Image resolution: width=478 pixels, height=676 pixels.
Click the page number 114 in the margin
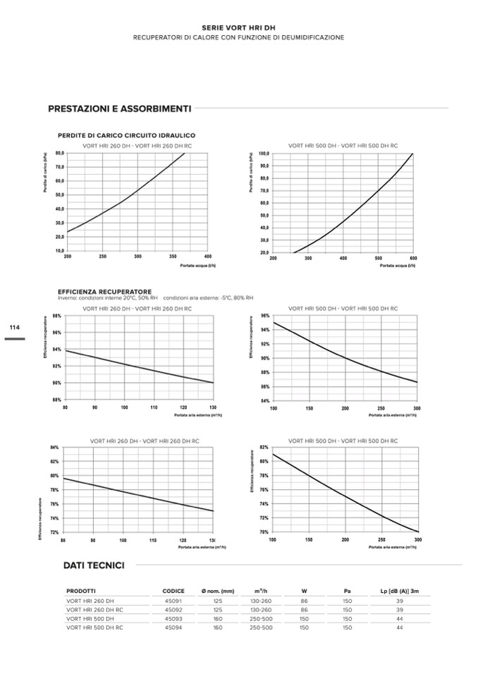click(14, 327)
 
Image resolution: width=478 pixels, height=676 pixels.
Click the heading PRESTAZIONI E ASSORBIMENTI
click(119, 109)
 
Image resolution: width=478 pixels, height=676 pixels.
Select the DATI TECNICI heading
click(94, 565)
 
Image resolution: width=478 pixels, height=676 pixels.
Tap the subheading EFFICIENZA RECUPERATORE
click(104, 291)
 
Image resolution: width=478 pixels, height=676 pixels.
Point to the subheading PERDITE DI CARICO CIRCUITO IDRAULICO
click(126, 135)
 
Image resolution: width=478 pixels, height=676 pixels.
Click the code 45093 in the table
click(173, 618)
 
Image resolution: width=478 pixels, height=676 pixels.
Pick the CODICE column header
click(173, 591)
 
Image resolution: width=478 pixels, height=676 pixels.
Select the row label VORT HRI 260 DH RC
click(94, 609)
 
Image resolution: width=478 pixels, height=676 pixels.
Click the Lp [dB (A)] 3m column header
click(400, 591)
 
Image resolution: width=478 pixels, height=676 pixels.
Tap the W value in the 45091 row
click(304, 600)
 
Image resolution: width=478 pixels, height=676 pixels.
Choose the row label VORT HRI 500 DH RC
click(94, 627)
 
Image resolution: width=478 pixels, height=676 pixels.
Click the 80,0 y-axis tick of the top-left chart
click(59, 153)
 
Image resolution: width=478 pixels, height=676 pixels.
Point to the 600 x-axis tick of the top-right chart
click(413, 258)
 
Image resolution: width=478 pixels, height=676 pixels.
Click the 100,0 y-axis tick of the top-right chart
click(264, 153)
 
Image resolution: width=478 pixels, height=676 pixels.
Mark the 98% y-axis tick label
click(57, 316)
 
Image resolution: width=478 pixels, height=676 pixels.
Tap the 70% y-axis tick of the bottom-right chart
click(264, 532)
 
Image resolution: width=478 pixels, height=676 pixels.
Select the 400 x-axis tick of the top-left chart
click(208, 257)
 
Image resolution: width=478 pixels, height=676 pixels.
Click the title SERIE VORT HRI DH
click(238, 26)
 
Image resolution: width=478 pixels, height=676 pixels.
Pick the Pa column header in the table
click(347, 591)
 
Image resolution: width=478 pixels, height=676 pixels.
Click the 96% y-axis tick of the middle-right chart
click(264, 316)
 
